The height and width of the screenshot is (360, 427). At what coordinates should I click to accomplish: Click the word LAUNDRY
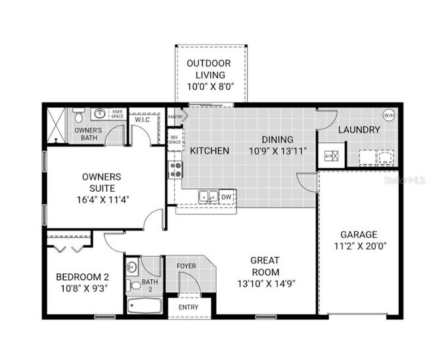[x=359, y=130]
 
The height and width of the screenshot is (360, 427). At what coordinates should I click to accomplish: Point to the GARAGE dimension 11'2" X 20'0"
[x=359, y=247]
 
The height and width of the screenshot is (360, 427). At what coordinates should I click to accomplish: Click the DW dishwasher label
[x=226, y=196]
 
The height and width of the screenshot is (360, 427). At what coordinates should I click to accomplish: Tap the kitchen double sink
[x=208, y=196]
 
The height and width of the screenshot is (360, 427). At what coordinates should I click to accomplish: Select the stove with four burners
[x=175, y=170]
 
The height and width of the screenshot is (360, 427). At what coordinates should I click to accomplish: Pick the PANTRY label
[x=176, y=117]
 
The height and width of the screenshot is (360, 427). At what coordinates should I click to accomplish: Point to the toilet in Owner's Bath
[x=78, y=117]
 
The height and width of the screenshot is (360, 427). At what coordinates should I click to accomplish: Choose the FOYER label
[x=187, y=266]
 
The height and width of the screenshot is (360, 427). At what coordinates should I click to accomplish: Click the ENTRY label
[x=188, y=307]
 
